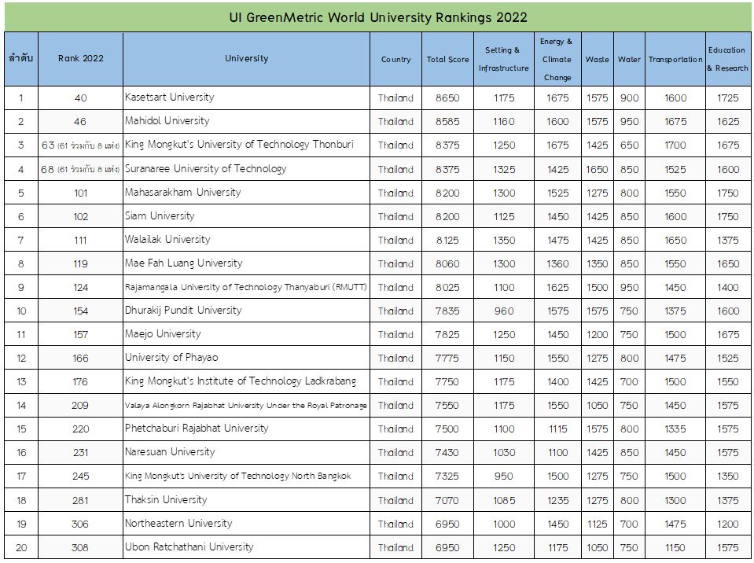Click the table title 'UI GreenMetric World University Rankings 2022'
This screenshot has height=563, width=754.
378,18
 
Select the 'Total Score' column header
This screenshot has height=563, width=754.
447,60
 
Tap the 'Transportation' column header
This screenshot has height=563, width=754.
675,60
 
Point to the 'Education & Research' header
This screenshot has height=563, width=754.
727,59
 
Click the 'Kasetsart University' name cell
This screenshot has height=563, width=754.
169,98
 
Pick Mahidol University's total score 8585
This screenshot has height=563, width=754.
447,122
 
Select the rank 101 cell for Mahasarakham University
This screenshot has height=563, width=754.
81,193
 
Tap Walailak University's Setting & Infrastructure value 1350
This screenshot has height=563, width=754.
503,241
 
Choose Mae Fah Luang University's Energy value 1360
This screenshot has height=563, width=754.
557,264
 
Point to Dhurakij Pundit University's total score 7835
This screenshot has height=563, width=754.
447,311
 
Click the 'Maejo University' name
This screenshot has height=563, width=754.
163,334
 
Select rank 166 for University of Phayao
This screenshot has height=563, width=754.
80,359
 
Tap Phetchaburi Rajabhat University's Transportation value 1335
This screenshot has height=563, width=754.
675,429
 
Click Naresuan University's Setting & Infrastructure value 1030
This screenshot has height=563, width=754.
503,452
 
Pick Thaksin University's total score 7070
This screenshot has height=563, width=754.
447,501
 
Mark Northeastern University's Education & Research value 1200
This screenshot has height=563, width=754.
727,524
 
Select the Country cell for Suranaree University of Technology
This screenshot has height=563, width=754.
395,169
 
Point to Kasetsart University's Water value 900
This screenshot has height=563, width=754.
629,98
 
